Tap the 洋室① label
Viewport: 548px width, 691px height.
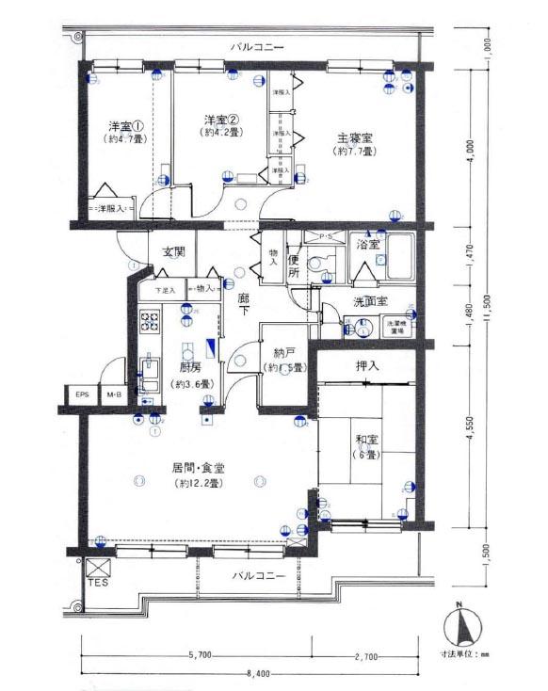(123, 125)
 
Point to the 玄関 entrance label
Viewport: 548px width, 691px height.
(173, 252)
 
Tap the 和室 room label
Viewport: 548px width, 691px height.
(367, 438)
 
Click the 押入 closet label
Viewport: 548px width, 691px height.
(368, 365)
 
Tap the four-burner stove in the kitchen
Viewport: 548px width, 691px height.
(151, 323)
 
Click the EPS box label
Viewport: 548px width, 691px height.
(83, 395)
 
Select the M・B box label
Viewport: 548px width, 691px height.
(114, 395)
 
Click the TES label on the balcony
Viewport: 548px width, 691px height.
(98, 584)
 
